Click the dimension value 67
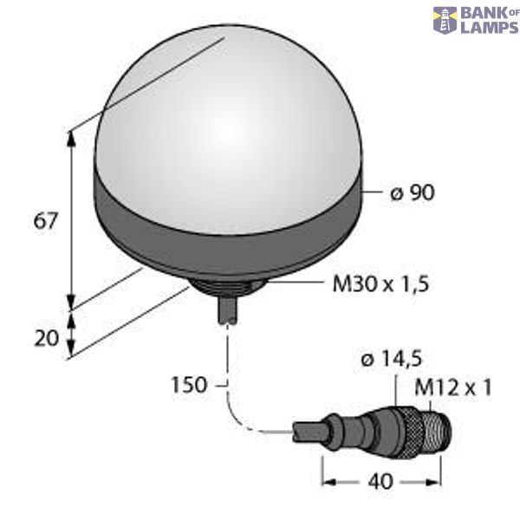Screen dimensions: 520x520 coord(44,221)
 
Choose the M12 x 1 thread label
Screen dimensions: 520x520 coord(452,387)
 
